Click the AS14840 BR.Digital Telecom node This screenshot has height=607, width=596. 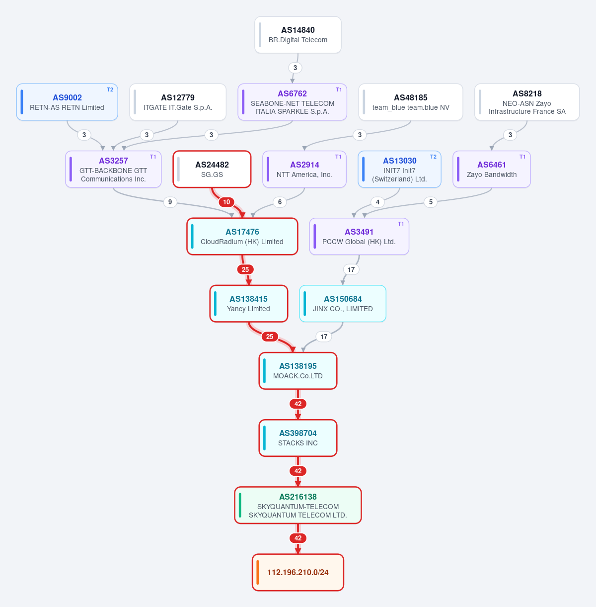point(298,35)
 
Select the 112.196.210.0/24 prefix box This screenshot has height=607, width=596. point(298,572)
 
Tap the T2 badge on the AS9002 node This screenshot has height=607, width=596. point(110,90)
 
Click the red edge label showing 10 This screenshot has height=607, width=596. point(226,202)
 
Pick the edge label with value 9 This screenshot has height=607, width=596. point(170,202)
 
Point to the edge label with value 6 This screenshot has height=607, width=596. point(280,202)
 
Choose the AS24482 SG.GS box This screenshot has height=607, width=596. point(212,169)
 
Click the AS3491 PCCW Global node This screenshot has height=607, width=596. point(359,236)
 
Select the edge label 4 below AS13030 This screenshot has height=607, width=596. point(377,202)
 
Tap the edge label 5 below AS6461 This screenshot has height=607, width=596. point(431,202)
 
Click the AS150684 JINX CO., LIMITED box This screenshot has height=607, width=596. point(343,303)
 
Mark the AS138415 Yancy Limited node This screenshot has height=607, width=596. point(249,303)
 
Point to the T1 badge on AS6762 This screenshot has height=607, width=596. point(339,90)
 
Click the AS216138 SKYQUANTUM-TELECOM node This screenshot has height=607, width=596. point(298,505)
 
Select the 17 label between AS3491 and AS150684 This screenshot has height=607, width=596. point(351,269)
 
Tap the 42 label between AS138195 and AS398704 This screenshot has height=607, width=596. point(298,404)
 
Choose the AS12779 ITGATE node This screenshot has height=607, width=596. point(178,102)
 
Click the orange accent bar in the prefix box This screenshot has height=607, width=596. point(258,572)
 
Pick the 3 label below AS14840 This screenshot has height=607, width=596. point(295,68)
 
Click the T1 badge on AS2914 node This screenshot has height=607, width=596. point(338,157)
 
